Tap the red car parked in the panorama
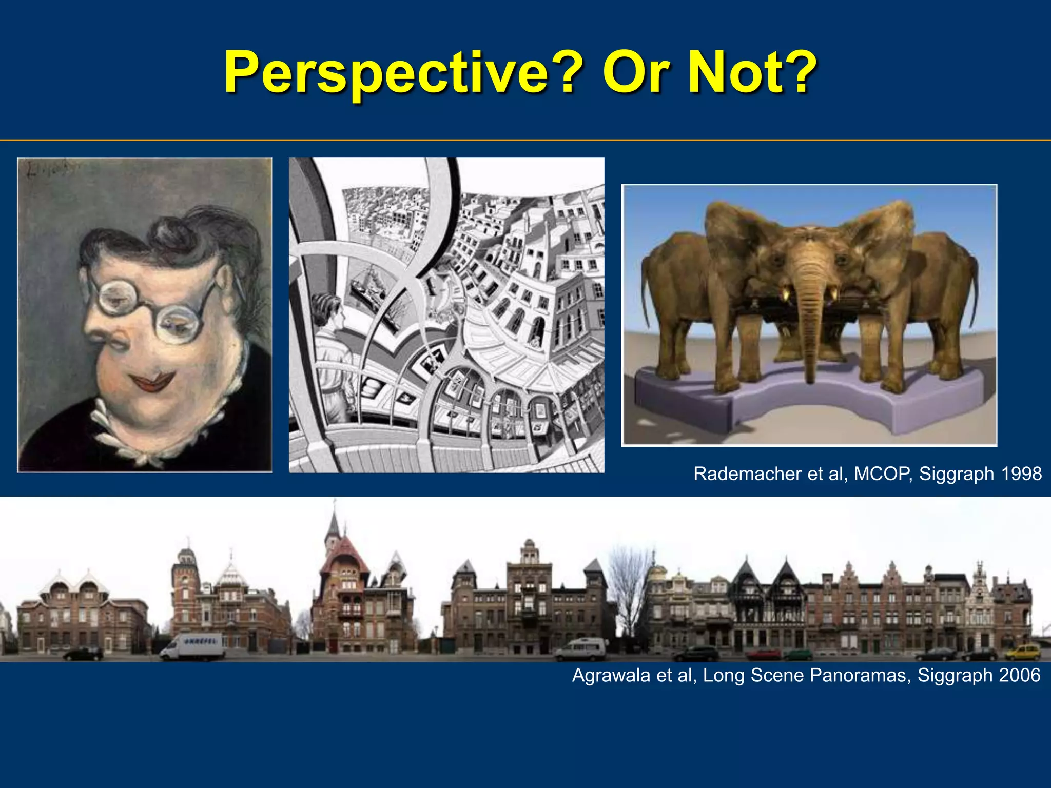764,655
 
